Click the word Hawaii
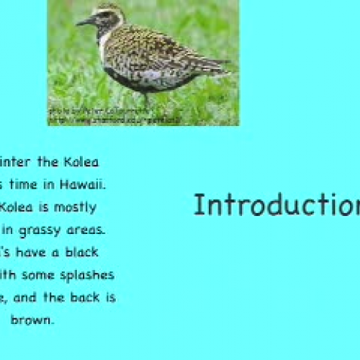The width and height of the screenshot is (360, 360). pyautogui.click(x=86, y=184)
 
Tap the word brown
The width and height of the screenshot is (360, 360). pyautogui.click(x=32, y=320)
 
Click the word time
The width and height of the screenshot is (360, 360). pyautogui.click(x=29, y=184)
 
